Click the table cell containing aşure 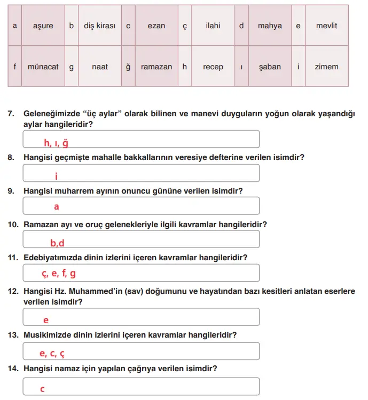pos(43,26)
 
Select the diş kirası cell pos(99,26)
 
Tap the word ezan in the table pos(156,26)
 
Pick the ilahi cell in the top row pos(213,26)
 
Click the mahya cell pos(270,26)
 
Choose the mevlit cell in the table pos(326,26)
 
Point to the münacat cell pos(43,67)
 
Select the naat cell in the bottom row pos(99,67)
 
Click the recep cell pos(213,67)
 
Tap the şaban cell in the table pos(270,67)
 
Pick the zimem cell pos(326,67)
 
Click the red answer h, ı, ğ pos(57,142)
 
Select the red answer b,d pos(57,243)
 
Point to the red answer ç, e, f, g pos(59,274)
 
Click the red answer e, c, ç pos(52,353)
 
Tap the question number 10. pos(13,225)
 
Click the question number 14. pos(13,369)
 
